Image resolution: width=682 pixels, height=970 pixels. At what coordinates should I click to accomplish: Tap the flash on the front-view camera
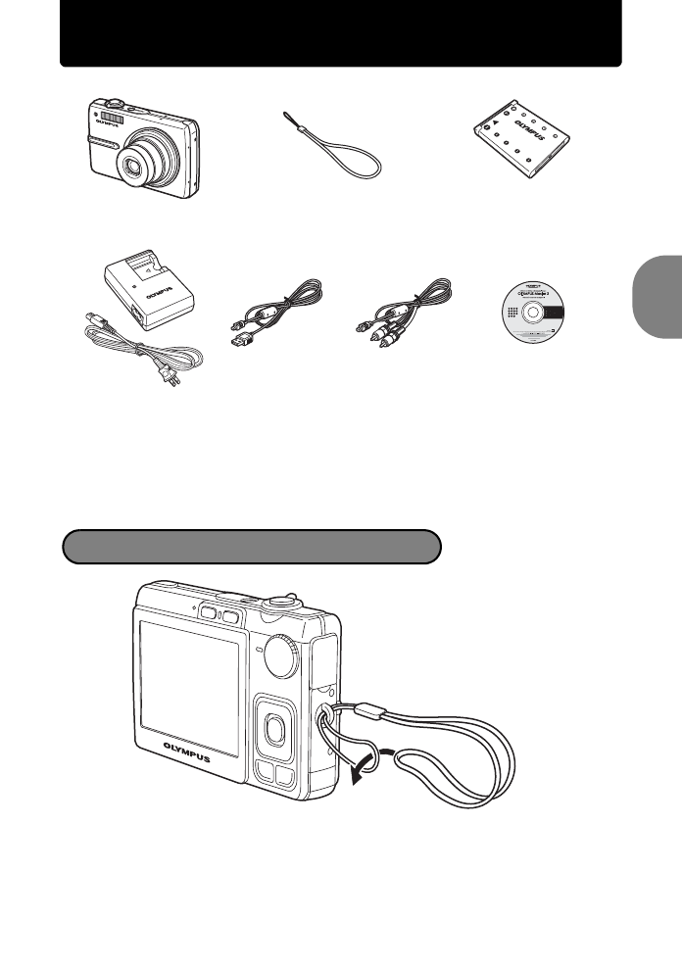pos(113,119)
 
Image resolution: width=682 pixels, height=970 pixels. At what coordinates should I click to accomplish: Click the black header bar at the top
pos(341,33)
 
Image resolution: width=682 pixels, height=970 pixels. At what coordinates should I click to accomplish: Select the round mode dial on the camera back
pos(283,655)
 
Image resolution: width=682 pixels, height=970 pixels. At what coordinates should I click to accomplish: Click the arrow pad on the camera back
pos(275,725)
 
